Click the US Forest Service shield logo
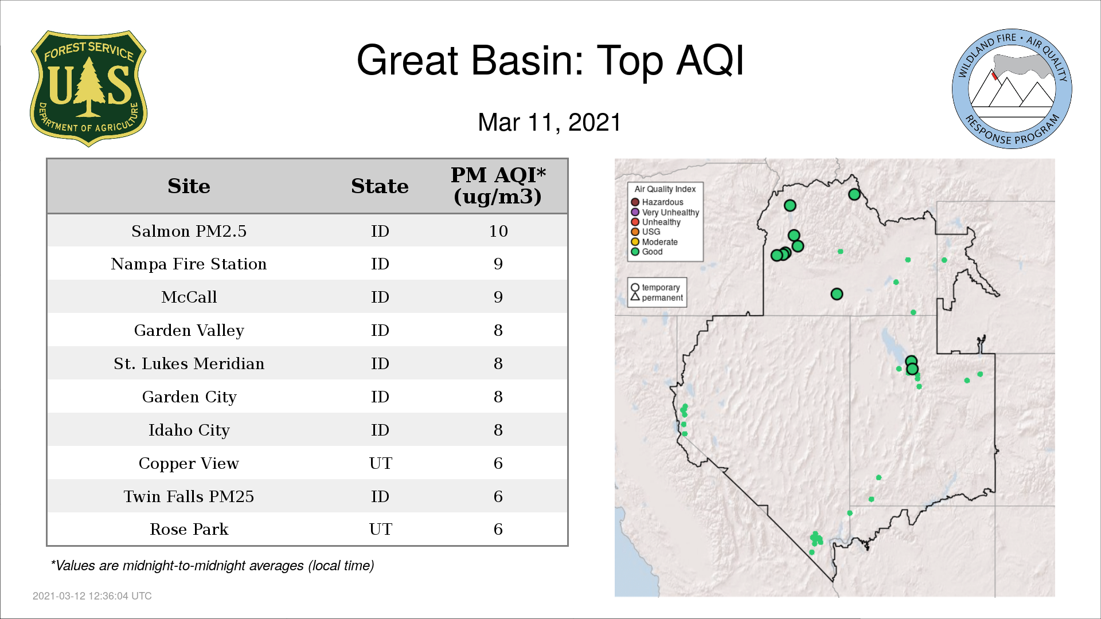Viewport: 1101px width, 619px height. click(x=88, y=89)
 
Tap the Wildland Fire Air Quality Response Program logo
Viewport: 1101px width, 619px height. click(x=1012, y=89)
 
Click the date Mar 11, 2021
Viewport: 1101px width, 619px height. click(x=549, y=123)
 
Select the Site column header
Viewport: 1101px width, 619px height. click(x=189, y=186)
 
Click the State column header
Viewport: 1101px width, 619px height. click(x=380, y=186)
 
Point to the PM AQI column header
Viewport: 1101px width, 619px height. click(x=498, y=186)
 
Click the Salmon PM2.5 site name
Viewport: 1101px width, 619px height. click(x=189, y=231)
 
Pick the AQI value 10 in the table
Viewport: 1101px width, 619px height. click(x=498, y=231)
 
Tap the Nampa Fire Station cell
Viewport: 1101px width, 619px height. click(x=189, y=264)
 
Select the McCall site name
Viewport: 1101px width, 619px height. click(x=189, y=297)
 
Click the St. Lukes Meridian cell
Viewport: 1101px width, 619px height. click(x=189, y=363)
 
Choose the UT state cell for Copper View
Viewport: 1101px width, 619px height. click(x=380, y=463)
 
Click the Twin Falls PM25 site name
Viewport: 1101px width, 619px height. click(x=189, y=496)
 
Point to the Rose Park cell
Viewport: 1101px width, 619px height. click(x=189, y=530)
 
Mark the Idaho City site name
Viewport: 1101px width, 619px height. click(x=189, y=430)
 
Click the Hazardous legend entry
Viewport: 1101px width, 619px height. click(x=657, y=202)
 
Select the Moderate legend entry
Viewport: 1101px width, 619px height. click(x=654, y=242)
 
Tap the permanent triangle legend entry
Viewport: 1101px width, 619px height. click(x=657, y=297)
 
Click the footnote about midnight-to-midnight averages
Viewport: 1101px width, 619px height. click(x=212, y=566)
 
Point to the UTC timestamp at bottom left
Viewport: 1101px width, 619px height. click(x=92, y=596)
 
